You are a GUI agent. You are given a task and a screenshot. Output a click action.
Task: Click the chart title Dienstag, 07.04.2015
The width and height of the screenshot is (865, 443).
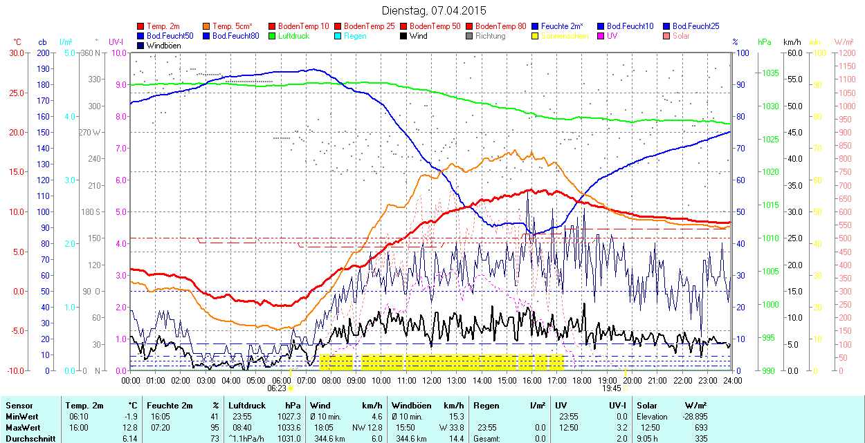pyautogui.click(x=433, y=10)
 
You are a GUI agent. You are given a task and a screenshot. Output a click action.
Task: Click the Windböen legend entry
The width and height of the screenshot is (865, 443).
pyautogui.click(x=164, y=46)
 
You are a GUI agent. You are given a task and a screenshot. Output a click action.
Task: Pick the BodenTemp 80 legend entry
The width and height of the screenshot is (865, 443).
pyautogui.click(x=501, y=26)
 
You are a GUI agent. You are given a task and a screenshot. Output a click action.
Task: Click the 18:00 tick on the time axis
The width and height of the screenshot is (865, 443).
pyautogui.click(x=582, y=380)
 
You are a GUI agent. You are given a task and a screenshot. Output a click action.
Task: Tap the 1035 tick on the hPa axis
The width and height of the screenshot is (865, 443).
pyautogui.click(x=770, y=73)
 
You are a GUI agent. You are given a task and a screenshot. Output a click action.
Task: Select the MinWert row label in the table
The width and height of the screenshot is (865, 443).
pyautogui.click(x=21, y=417)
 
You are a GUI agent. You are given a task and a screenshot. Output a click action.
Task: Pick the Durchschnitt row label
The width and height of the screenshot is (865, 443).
pyautogui.click(x=28, y=438)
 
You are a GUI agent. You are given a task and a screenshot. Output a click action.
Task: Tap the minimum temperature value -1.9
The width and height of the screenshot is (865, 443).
pyautogui.click(x=131, y=417)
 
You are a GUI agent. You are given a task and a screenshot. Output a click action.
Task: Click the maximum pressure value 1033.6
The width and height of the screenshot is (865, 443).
pyautogui.click(x=289, y=427)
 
